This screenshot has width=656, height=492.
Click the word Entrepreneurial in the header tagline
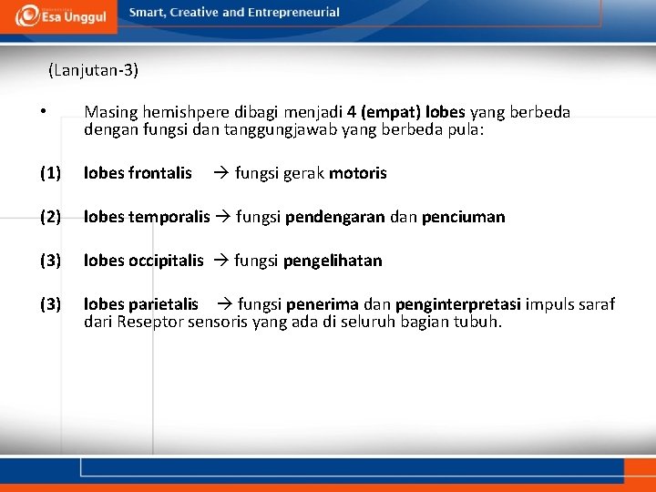coord(291,13)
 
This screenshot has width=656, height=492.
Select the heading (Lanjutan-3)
coord(94,69)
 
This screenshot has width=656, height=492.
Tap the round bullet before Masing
coord(43,112)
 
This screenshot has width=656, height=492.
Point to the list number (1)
coord(50,173)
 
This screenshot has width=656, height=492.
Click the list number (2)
coord(50,217)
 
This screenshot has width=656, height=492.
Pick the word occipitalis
coord(167,261)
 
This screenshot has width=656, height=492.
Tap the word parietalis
coord(164,304)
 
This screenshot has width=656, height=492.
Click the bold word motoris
coord(357,173)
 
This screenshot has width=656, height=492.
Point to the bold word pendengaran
coord(334,217)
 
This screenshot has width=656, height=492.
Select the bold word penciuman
coord(463,217)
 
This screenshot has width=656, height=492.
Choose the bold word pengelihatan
coord(333,261)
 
